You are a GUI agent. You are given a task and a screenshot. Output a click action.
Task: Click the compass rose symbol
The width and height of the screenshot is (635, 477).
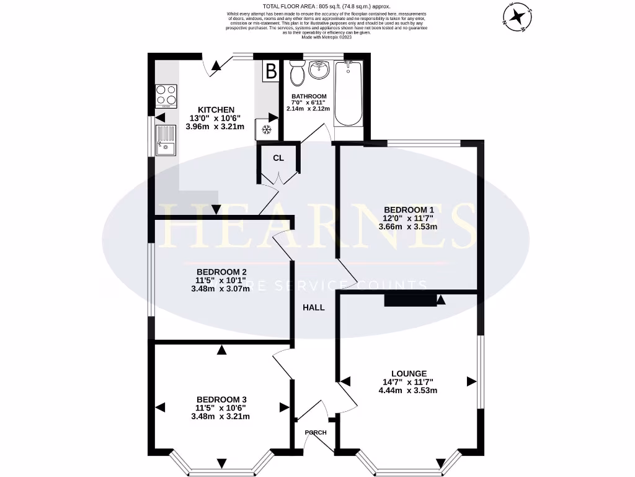[x=517, y=16]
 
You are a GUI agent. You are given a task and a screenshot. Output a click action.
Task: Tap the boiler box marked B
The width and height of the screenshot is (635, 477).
[x=270, y=71]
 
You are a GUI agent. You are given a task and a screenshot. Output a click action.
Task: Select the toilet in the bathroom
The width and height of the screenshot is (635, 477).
[x=297, y=74]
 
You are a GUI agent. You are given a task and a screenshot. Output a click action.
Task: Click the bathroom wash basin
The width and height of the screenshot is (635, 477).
[x=321, y=70]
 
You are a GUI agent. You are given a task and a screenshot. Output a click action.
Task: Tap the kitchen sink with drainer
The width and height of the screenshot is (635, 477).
[x=167, y=140]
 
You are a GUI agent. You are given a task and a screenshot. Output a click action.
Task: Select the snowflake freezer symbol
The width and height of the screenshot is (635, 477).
[x=267, y=129]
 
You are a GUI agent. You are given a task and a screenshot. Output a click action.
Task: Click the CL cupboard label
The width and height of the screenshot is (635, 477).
[x=278, y=158]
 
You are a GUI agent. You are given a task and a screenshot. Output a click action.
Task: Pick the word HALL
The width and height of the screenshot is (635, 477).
[x=314, y=307]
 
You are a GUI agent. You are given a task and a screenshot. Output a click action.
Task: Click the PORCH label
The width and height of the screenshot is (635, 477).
[x=315, y=432]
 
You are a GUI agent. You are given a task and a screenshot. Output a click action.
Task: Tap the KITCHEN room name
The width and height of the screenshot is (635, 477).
[x=216, y=109]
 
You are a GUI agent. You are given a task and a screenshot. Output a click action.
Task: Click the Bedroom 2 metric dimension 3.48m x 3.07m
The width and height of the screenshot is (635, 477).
[x=221, y=289]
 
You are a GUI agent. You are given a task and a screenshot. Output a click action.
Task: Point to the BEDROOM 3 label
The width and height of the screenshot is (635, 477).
[x=221, y=399]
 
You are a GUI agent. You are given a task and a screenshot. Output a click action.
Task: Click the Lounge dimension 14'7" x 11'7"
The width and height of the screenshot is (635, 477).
[x=407, y=382]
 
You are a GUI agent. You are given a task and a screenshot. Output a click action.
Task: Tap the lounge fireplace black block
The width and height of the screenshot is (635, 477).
[x=410, y=301]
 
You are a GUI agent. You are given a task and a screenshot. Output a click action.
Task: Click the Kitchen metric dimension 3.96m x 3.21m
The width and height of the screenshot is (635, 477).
[x=216, y=127]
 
